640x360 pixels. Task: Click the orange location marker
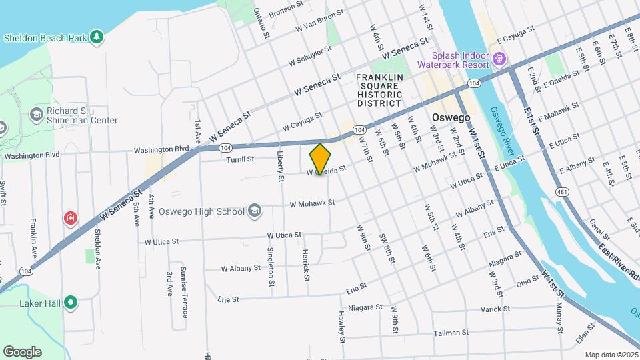pyautogui.click(x=321, y=159)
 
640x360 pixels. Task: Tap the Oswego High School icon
pyautogui.click(x=254, y=211)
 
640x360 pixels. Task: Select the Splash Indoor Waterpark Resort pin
pyautogui.click(x=498, y=61)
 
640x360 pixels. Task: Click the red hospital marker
pyautogui.click(x=70, y=218)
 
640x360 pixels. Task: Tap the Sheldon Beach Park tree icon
pyautogui.click(x=97, y=37)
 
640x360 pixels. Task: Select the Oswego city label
pyautogui.click(x=451, y=117)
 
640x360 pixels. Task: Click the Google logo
pyautogui.click(x=22, y=351)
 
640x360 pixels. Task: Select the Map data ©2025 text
pyautogui.click(x=611, y=355)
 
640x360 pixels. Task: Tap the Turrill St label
pyautogui.click(x=239, y=159)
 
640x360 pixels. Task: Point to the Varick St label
pyautogui.click(x=495, y=309)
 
